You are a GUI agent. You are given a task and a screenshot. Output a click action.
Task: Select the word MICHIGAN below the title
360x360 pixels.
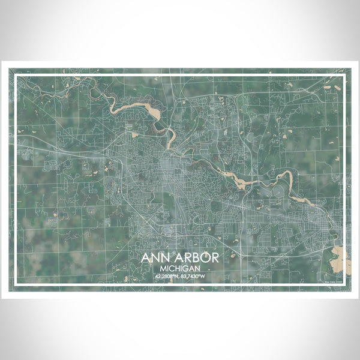click(180, 268)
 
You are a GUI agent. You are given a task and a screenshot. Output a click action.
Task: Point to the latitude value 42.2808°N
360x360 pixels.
click(167, 277)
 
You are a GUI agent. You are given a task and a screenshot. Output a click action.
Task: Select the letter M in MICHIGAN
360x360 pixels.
click(163, 268)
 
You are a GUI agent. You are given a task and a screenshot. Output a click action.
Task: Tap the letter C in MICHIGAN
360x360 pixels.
click(173, 268)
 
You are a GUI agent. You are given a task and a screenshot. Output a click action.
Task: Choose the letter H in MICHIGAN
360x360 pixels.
click(178, 268)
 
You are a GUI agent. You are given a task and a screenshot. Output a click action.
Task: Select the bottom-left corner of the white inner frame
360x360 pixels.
click(14, 286)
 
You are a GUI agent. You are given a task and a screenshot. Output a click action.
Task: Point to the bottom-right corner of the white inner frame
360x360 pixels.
click(346, 286)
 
